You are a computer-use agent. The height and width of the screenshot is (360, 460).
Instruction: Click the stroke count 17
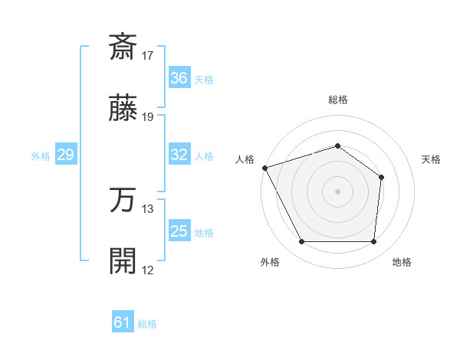coord(148,55)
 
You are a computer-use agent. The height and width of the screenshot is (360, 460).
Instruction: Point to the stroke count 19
coord(148,117)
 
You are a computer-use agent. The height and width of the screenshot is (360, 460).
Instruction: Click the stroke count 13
coord(148,208)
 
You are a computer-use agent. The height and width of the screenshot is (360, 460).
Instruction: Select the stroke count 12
coord(148,270)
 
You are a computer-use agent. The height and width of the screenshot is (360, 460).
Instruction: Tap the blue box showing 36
coord(179,78)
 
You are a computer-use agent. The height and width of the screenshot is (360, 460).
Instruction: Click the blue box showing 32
coord(179,155)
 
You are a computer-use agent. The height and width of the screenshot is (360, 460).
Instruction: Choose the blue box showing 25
coord(179,231)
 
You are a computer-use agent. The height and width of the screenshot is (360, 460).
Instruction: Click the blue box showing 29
coord(65,155)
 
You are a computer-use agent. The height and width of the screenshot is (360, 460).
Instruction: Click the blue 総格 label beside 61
coord(147,324)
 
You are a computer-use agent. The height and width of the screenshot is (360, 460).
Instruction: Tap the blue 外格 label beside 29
coord(41,156)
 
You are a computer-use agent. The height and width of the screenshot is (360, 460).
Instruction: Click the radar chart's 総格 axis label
coord(337,100)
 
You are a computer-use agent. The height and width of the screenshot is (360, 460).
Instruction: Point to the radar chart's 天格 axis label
coord(432,159)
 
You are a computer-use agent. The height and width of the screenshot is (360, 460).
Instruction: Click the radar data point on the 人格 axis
coord(264,168)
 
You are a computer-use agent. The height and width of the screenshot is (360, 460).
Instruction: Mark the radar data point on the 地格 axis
coord(373,242)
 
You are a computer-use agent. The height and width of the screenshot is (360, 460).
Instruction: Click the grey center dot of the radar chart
coord(337,191)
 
